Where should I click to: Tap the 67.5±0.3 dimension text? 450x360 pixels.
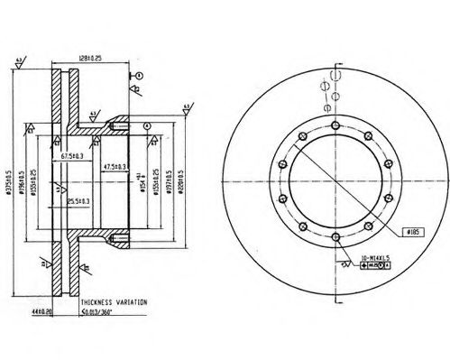click(73, 155)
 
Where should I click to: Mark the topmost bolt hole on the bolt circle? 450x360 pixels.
click(334, 125)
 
